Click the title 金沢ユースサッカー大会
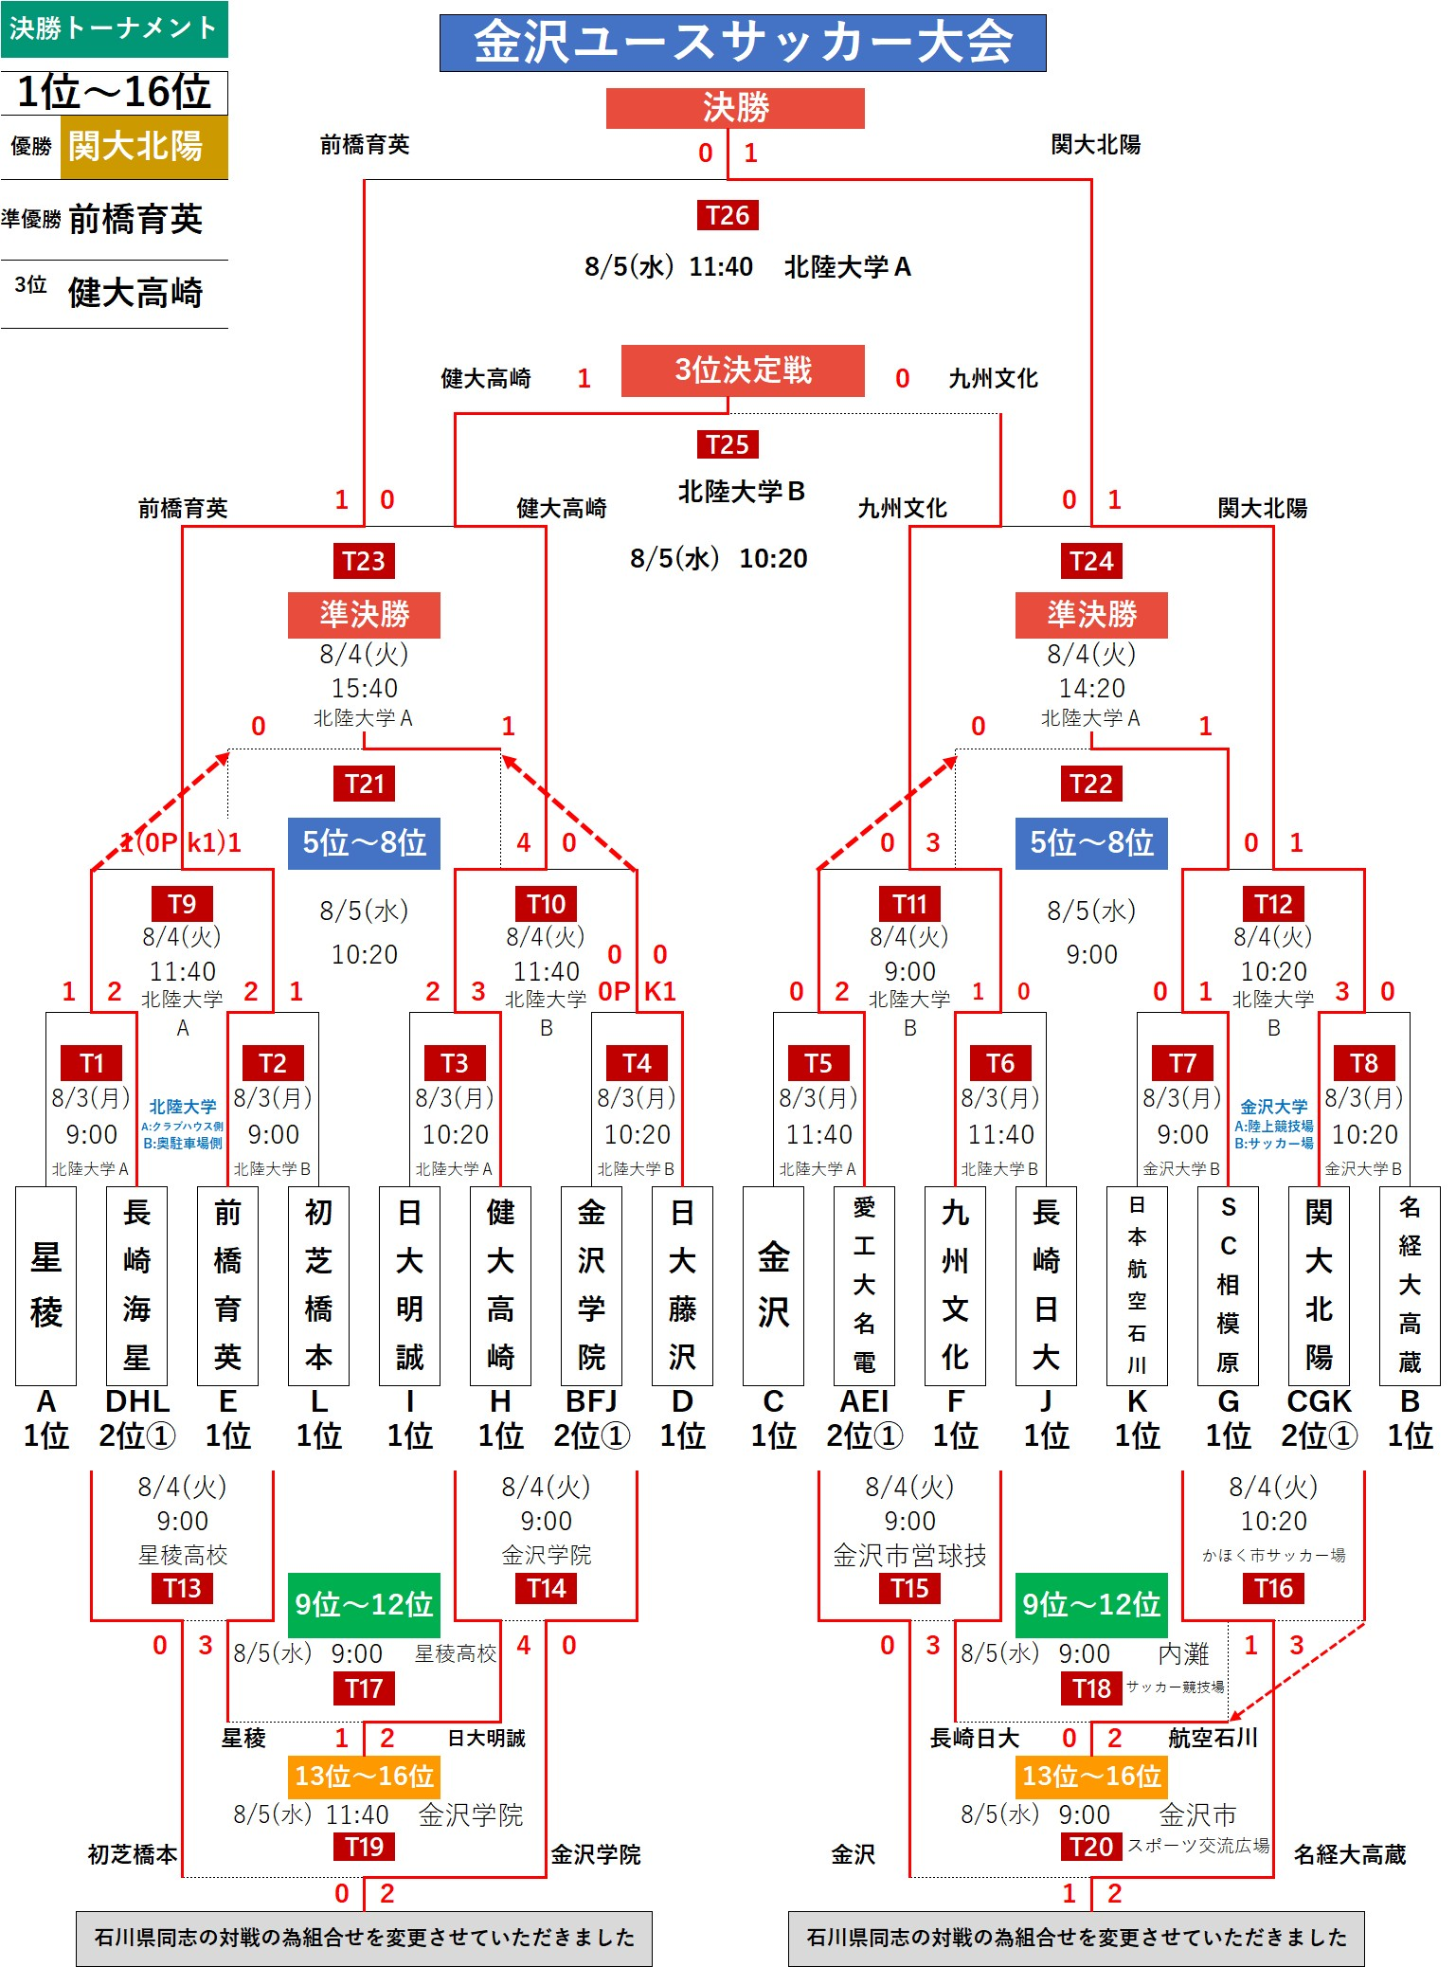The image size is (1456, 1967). tap(743, 43)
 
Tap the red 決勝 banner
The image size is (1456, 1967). tap(735, 108)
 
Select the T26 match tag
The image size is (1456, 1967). tap(728, 215)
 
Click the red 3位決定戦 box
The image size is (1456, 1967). tap(743, 370)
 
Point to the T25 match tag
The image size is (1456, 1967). tap(728, 444)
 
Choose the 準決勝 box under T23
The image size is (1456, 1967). tap(364, 615)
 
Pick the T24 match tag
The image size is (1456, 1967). tap(1091, 561)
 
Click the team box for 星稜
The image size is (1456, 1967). tap(45, 1285)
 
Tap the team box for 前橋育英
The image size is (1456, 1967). tap(227, 1285)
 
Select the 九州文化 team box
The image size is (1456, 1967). tap(955, 1285)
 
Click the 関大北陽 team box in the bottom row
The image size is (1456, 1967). tap(1319, 1285)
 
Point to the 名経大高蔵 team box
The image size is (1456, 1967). tap(1410, 1285)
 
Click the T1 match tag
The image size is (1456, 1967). tap(92, 1063)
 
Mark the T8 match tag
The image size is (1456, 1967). tap(1364, 1063)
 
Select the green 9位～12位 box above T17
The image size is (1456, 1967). tap(364, 1604)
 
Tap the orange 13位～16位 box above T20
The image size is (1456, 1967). tap(1091, 1776)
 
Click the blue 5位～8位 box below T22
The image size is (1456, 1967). tap(1091, 842)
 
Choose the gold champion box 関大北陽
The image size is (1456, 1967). tap(144, 147)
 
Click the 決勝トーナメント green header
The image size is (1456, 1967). tap(115, 28)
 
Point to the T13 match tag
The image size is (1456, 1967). tap(182, 1588)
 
